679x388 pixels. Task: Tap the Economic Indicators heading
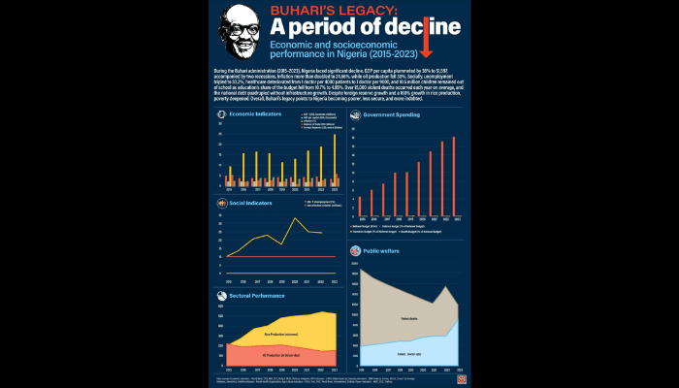click(x=255, y=114)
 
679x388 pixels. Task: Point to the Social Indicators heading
click(x=251, y=204)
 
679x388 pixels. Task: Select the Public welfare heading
click(x=380, y=249)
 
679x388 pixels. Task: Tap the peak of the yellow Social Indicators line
click(x=295, y=219)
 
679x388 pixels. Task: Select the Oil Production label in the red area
click(x=280, y=356)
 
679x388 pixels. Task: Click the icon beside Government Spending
click(x=355, y=114)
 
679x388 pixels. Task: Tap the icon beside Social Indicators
click(x=222, y=204)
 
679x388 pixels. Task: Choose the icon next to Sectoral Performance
click(x=222, y=294)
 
